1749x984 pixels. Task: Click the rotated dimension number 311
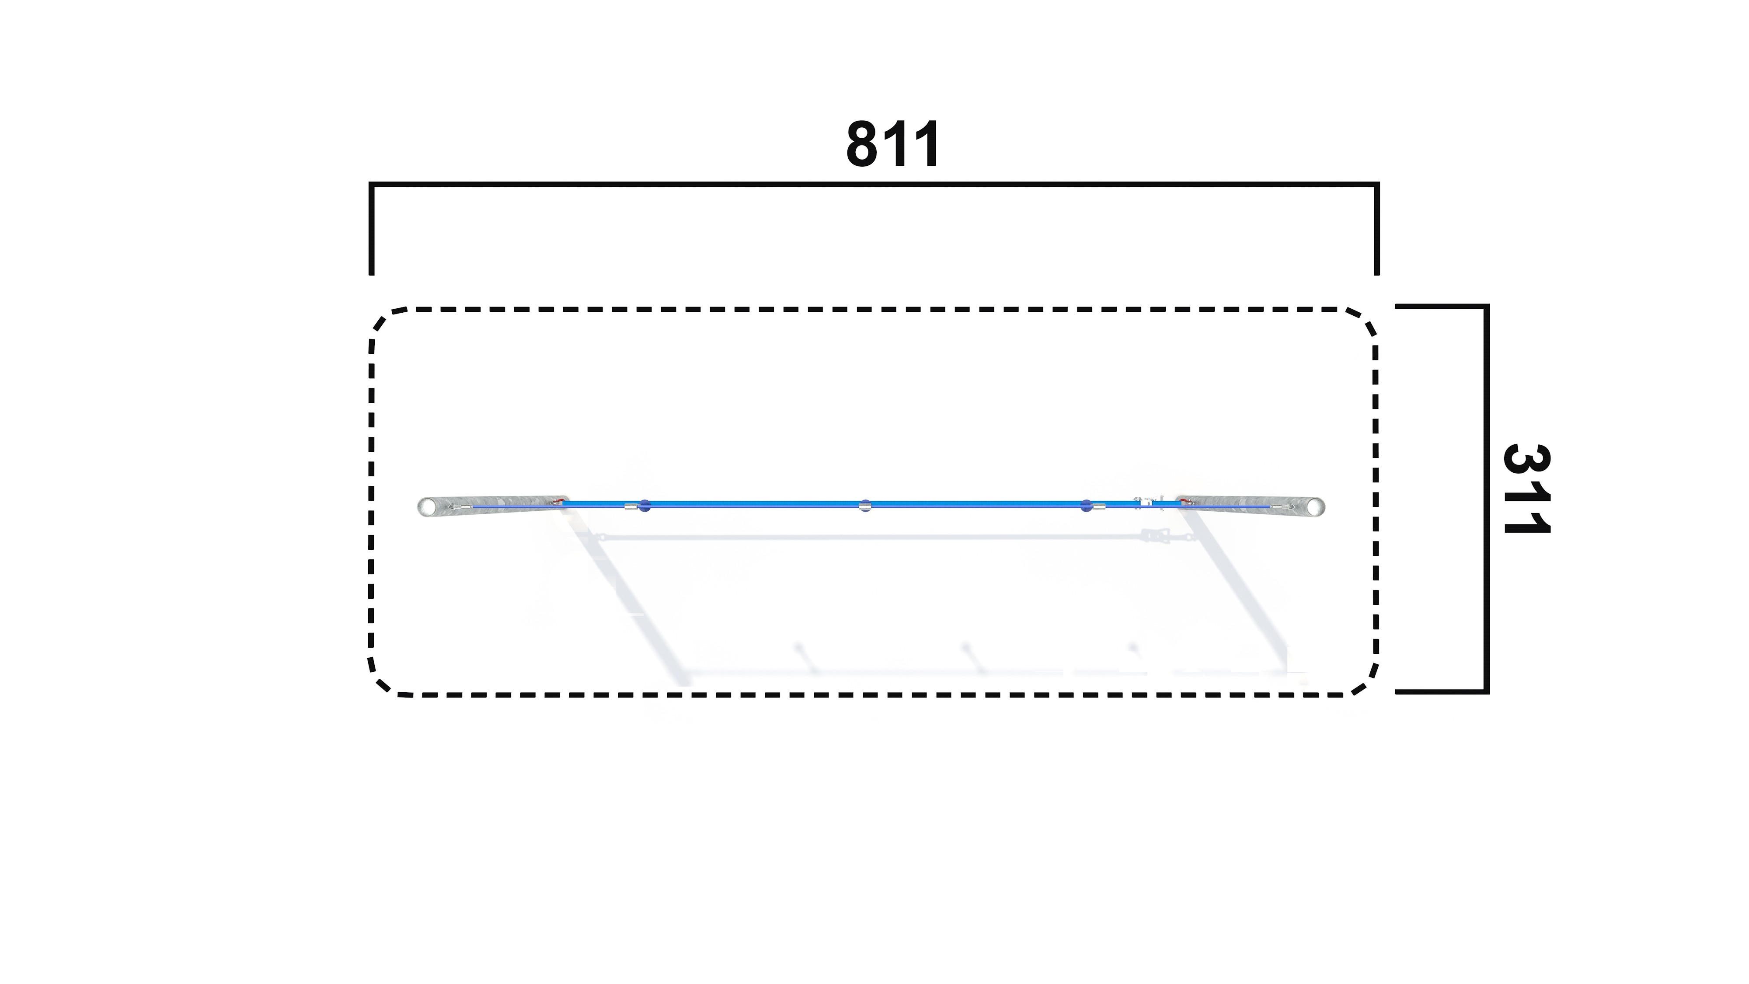1527,489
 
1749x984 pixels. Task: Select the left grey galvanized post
493,506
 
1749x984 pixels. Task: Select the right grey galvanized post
1251,506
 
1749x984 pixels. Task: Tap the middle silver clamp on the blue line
864,505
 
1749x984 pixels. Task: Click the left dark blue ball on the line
645,506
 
